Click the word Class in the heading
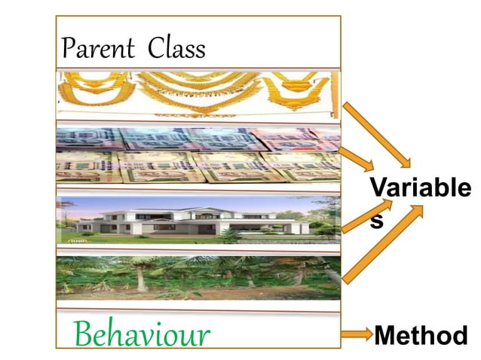pos(176,49)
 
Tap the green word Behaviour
pos(142,333)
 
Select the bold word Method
pos(421,335)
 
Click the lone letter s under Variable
pos(376,221)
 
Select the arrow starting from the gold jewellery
pos(378,136)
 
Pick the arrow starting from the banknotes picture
pos(360,157)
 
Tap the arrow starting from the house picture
pos(360,217)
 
